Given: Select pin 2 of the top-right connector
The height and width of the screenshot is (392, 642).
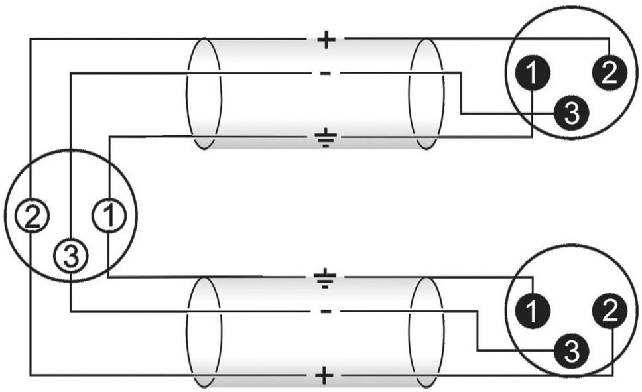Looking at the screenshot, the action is click(610, 72).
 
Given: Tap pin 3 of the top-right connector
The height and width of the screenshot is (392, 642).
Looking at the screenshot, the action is click(571, 113).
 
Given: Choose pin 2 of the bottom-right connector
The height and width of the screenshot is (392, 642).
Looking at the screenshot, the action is click(611, 309).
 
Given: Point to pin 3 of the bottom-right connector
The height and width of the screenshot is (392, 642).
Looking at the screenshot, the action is click(571, 348).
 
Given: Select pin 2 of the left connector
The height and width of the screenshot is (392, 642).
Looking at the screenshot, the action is click(31, 216).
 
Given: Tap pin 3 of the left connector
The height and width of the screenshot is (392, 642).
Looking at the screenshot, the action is click(70, 255).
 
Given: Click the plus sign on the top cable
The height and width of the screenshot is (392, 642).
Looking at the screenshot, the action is click(326, 40).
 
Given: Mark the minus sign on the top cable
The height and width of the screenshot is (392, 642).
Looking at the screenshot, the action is click(326, 73).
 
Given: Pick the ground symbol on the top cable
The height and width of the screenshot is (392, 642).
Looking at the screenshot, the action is click(325, 139).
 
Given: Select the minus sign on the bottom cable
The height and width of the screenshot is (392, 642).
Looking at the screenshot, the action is click(326, 311).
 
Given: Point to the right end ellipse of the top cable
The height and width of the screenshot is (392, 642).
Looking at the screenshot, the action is click(426, 93).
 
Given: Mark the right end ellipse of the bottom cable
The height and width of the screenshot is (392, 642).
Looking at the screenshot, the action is click(427, 332).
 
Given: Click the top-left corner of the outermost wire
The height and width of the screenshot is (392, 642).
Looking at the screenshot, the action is click(31, 40).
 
